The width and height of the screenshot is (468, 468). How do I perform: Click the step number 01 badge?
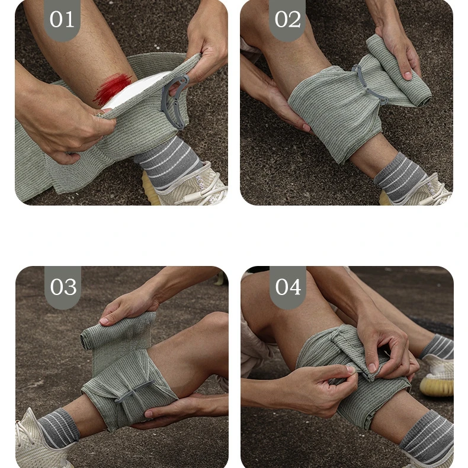62,20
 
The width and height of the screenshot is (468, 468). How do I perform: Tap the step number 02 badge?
287,20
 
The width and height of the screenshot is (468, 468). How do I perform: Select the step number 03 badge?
63,287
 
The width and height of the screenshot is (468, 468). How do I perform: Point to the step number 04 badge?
288,287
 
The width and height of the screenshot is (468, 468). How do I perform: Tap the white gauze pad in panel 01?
134,89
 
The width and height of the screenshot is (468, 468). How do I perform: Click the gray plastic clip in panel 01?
175,101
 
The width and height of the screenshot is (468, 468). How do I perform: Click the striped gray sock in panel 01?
167,161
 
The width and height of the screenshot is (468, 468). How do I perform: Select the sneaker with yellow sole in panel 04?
437,374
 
